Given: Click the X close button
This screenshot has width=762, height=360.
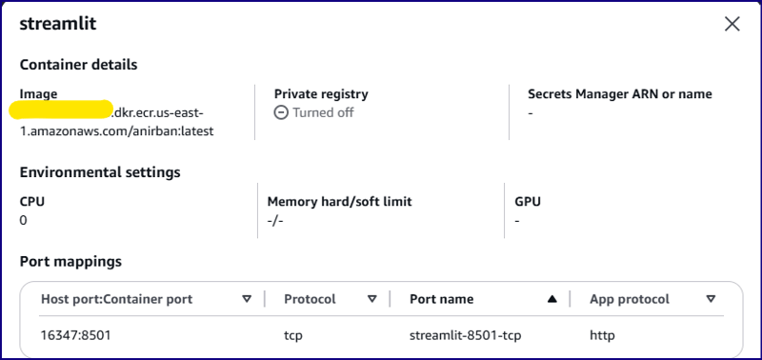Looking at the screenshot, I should (x=732, y=24).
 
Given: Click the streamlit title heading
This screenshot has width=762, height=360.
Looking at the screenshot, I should (x=58, y=24).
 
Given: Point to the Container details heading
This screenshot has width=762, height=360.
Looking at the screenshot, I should (x=79, y=65).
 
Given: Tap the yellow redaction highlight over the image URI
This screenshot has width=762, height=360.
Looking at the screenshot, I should (x=62, y=110).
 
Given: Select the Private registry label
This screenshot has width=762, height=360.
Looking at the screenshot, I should (x=321, y=94).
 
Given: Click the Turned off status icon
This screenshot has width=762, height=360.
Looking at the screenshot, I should (x=281, y=112).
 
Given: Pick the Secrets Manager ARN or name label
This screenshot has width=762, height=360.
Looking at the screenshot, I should (x=620, y=94).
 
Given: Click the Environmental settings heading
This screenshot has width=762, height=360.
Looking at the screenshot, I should (x=100, y=172).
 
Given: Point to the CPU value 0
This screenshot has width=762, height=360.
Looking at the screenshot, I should (x=24, y=220).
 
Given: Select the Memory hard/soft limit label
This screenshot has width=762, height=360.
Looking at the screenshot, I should (x=339, y=202).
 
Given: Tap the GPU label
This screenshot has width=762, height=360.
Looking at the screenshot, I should (x=528, y=202).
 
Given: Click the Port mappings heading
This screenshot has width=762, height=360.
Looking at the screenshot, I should (x=70, y=261).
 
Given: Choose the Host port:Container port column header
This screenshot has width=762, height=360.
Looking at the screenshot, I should (x=116, y=299).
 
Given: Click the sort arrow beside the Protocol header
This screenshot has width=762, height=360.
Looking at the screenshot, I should (x=371, y=299).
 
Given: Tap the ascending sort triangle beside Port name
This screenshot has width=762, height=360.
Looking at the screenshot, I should (x=551, y=299).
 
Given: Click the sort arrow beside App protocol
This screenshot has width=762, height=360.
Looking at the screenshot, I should (x=711, y=299).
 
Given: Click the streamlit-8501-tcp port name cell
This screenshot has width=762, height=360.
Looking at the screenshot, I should (x=466, y=335).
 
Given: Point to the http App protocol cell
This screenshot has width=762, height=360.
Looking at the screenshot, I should (x=602, y=335).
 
